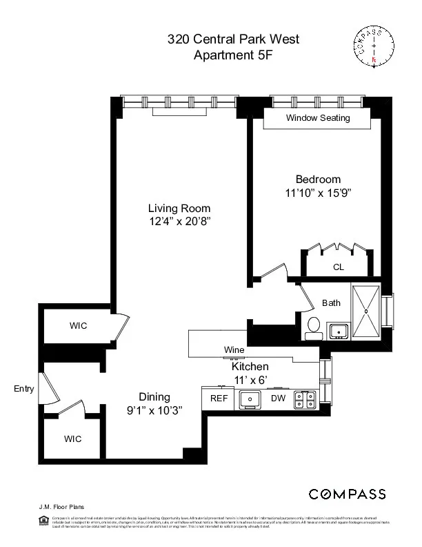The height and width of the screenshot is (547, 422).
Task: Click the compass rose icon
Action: pyautogui.click(x=374, y=46)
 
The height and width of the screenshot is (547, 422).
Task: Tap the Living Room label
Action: pyautogui.click(x=179, y=208)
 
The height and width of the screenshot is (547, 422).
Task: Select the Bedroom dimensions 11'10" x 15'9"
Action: pyautogui.click(x=318, y=193)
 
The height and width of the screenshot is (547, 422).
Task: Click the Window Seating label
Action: pyautogui.click(x=318, y=117)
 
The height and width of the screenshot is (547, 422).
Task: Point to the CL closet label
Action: pyautogui.click(x=338, y=267)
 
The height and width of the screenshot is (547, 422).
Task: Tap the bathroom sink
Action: pyautogui.click(x=339, y=331)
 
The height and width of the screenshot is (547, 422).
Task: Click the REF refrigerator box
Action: pyautogui.click(x=219, y=399)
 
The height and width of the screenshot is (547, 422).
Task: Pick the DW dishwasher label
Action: pyautogui.click(x=278, y=399)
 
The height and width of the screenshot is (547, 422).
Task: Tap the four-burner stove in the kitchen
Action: pyautogui.click(x=305, y=399)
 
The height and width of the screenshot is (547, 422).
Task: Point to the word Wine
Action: pyautogui.click(x=234, y=350)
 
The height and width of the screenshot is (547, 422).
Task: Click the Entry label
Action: pyautogui.click(x=23, y=389)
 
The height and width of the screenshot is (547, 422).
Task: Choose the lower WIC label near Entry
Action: pyautogui.click(x=73, y=439)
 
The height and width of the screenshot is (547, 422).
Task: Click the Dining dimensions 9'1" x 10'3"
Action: pyautogui.click(x=154, y=410)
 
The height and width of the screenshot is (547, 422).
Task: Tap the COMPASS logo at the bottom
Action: pyautogui.click(x=347, y=494)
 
